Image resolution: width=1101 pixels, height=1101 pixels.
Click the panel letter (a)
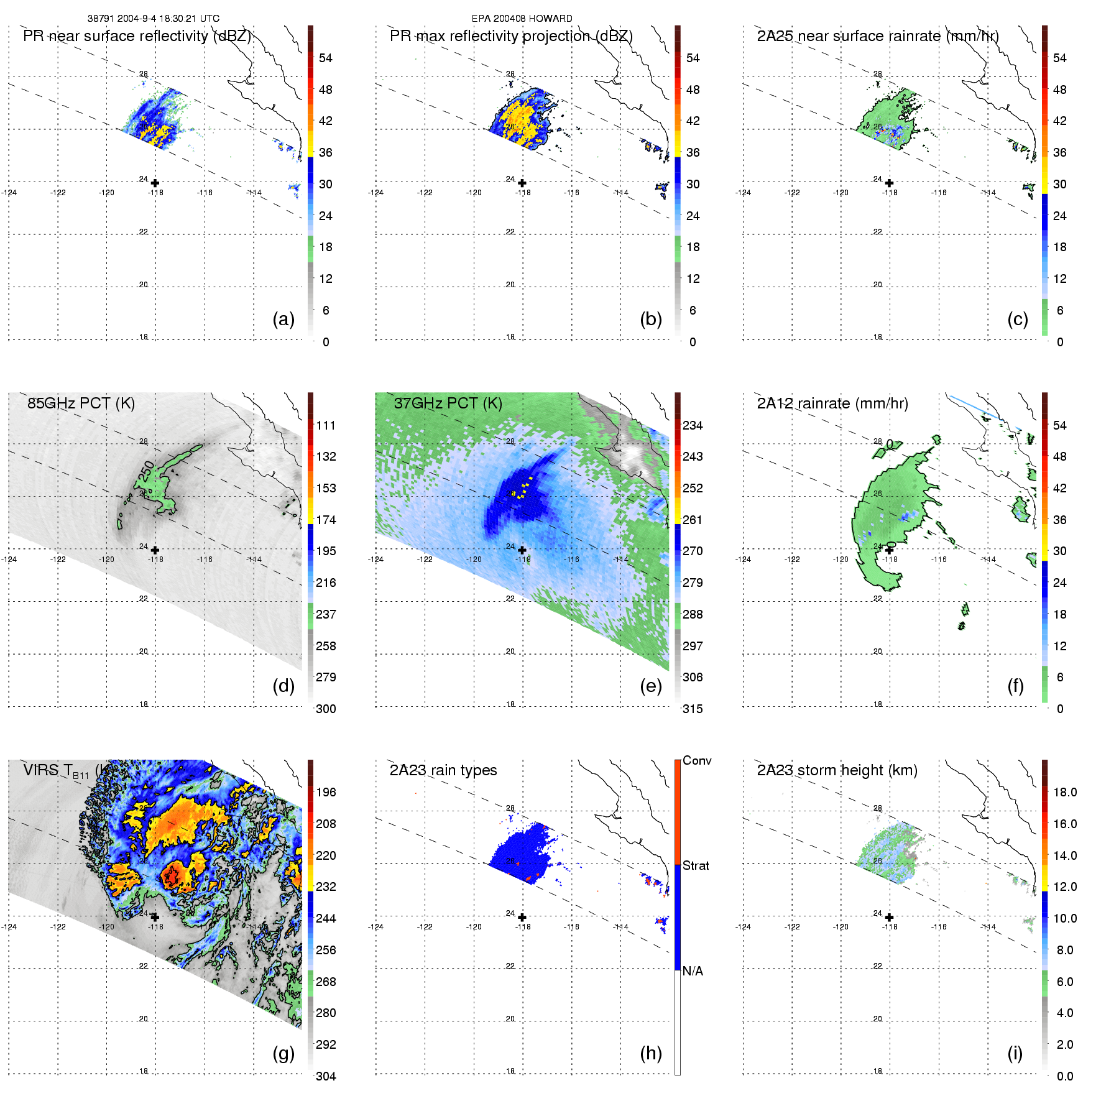pos(283,319)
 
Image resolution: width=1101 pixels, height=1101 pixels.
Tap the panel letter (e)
pos(650,686)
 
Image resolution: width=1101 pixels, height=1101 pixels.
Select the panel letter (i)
pos(1015,1053)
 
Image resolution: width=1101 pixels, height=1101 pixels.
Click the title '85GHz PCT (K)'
pos(81,403)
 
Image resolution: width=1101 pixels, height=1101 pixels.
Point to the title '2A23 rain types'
pos(443,770)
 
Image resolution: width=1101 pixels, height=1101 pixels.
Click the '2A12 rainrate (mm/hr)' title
pos(832,403)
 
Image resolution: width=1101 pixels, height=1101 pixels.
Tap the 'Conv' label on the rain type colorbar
pos(697,760)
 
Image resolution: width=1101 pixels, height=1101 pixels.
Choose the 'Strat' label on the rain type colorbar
pos(696,865)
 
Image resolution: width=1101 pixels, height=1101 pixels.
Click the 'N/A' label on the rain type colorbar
pos(693,971)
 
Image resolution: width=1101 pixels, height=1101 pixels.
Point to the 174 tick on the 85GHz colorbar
pos(326,520)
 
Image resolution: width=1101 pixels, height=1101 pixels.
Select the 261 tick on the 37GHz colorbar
pos(693,520)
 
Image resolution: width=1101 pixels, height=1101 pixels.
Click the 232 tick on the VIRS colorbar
pos(326,887)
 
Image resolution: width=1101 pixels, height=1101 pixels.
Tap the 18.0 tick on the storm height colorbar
pos(1065,792)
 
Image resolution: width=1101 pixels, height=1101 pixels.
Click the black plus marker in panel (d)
pos(155,550)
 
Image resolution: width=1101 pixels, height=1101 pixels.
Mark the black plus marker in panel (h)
pos(522,917)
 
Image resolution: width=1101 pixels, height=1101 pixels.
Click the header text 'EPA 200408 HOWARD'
pos(522,19)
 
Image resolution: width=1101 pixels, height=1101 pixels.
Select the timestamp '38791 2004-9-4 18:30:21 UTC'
pos(153,19)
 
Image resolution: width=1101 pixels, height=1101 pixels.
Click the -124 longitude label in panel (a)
pos(9,193)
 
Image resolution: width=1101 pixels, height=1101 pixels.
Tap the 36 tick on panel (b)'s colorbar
pos(693,152)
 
